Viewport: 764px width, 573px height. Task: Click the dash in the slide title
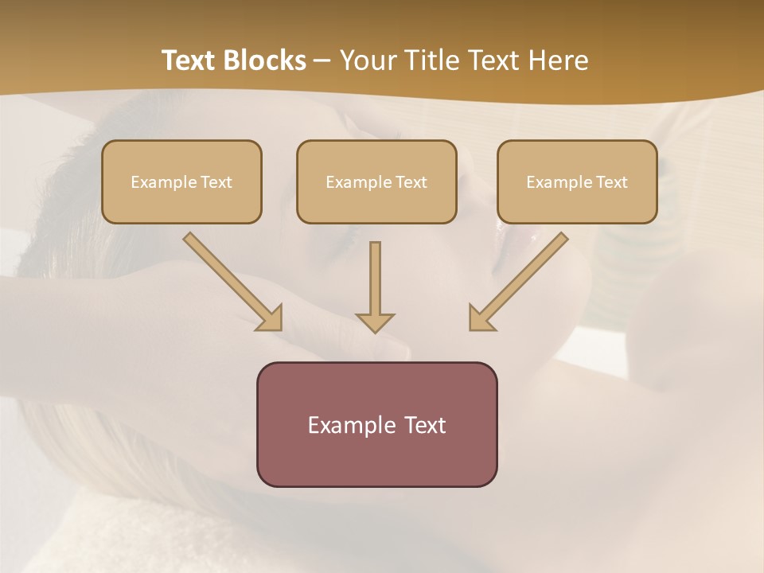click(x=322, y=61)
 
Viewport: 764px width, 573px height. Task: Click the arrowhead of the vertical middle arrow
click(x=375, y=322)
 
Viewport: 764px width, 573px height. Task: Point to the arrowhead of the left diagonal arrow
click(x=271, y=318)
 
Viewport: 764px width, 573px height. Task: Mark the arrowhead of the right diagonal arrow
click(x=481, y=318)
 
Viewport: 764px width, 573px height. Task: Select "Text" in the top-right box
click(x=611, y=182)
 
